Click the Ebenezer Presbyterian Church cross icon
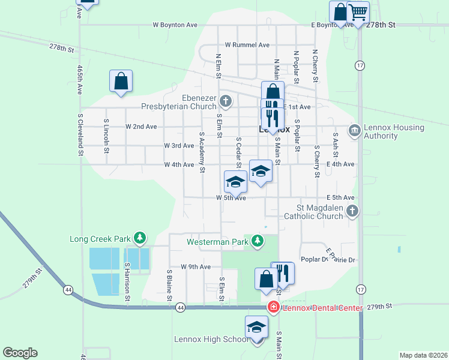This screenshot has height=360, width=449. (x=225, y=100)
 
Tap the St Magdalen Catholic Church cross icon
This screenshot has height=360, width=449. (x=353, y=211)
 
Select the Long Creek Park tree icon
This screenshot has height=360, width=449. (x=140, y=238)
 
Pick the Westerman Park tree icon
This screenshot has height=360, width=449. (x=258, y=241)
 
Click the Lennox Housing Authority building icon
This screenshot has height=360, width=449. (x=354, y=130)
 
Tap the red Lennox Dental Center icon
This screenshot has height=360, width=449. (x=274, y=307)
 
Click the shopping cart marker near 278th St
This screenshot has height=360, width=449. (x=358, y=12)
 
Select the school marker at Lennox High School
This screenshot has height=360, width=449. (x=256, y=328)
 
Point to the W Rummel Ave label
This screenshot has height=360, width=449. (x=247, y=45)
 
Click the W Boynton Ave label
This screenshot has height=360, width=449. (x=175, y=25)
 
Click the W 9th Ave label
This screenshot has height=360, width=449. (x=196, y=266)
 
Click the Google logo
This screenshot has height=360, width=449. (x=20, y=353)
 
